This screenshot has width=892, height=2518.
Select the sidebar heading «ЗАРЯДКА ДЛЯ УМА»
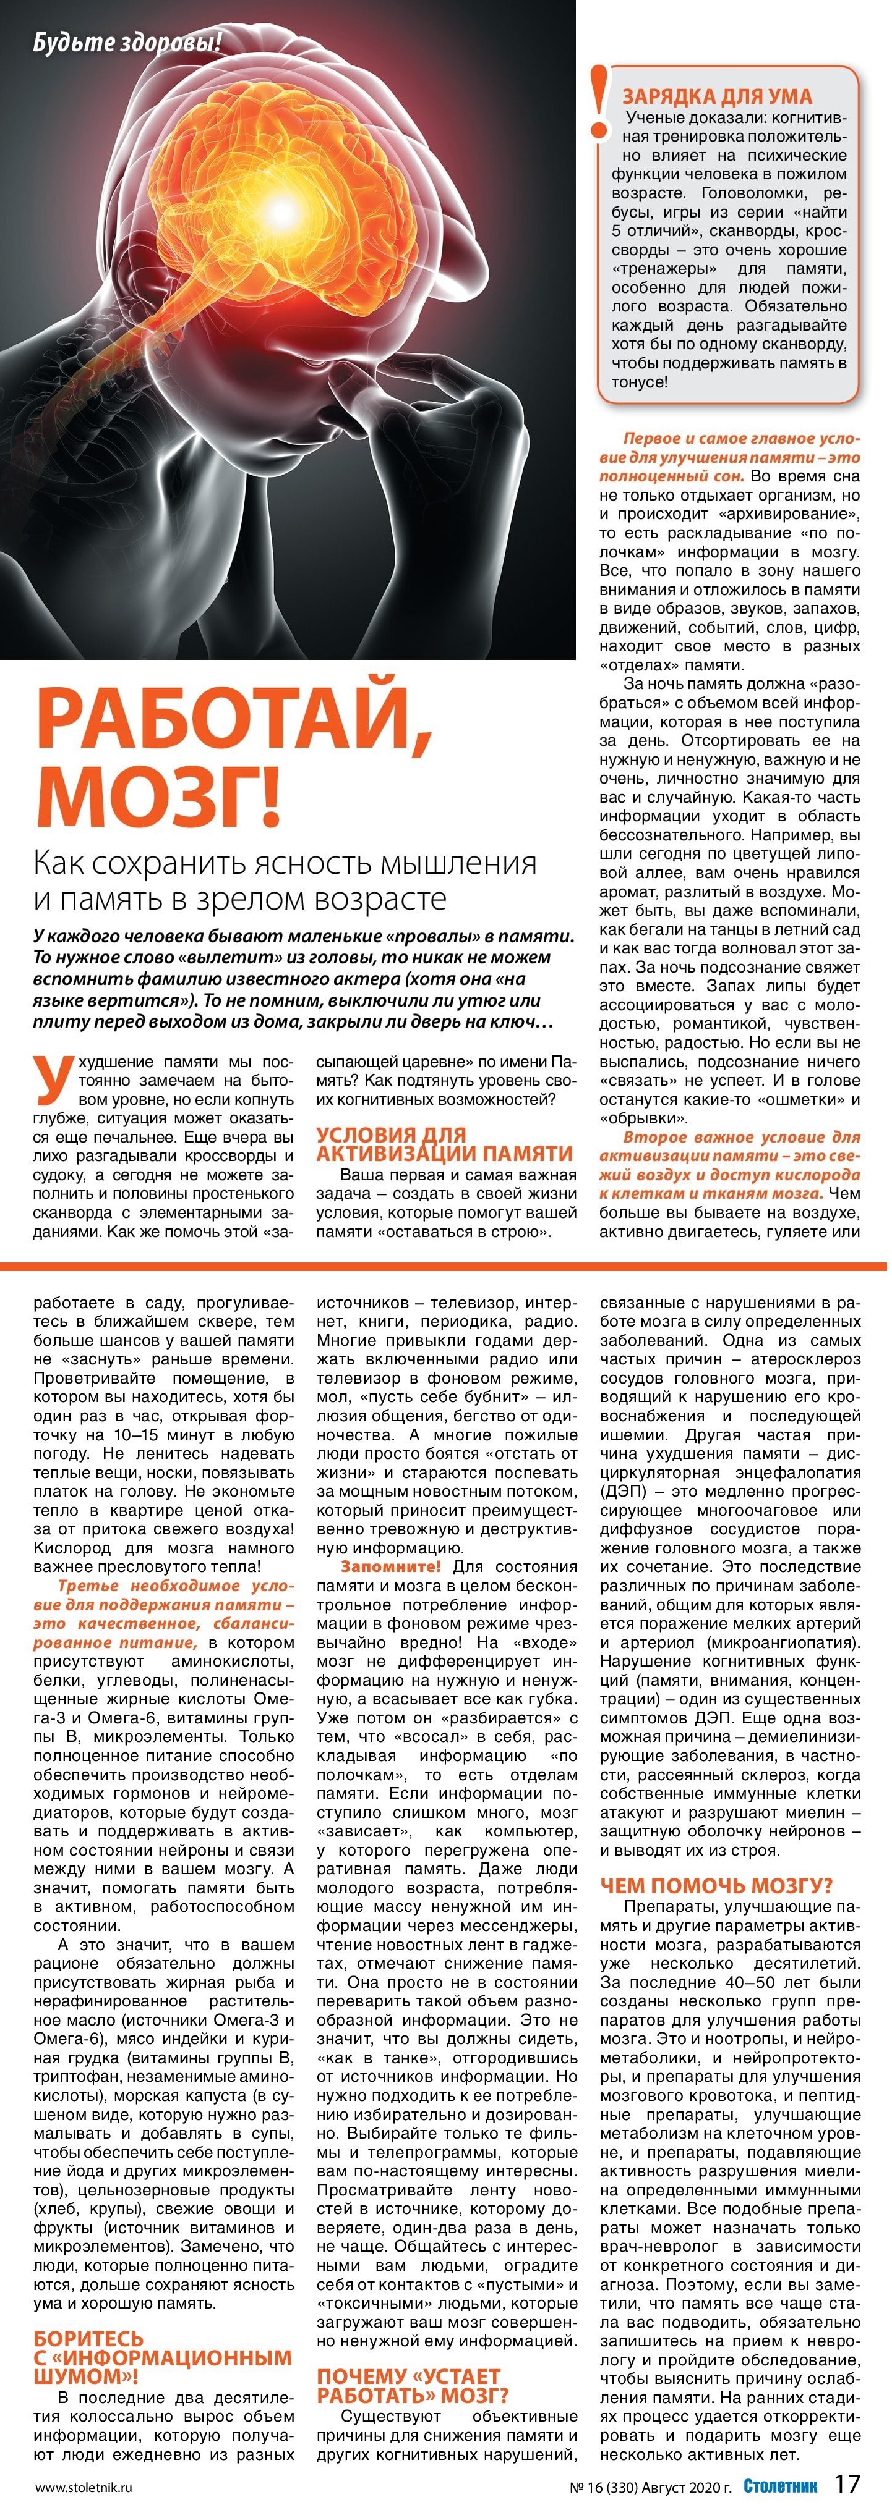pos(717,96)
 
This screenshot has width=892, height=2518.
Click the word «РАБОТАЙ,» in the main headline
pos(234,724)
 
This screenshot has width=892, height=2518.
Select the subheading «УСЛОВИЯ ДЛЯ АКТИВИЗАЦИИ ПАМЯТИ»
pos(443,1144)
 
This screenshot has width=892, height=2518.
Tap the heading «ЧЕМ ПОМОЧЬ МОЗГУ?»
pos(716,1886)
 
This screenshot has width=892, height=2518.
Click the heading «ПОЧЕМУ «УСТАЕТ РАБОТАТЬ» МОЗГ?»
pos(413,2385)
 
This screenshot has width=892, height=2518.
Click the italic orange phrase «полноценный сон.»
pos(672,476)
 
